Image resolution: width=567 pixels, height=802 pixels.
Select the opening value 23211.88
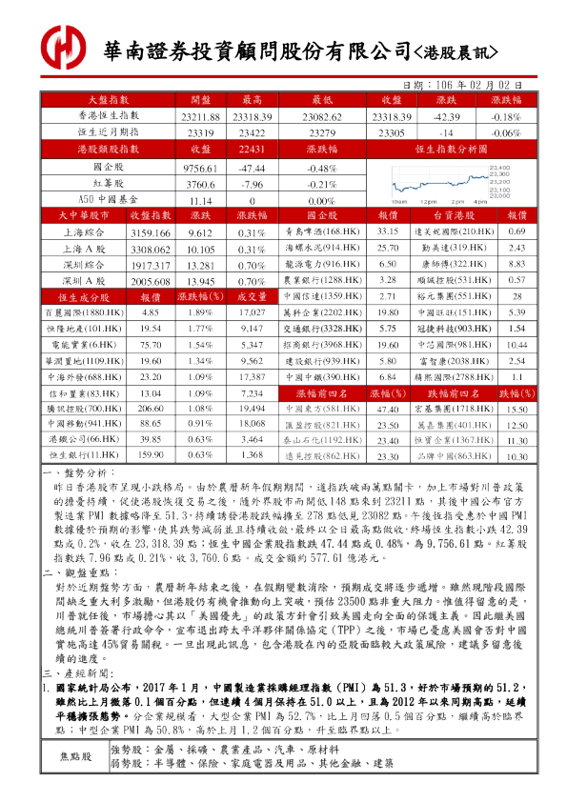200,116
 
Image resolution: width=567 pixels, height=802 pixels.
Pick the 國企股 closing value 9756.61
200,167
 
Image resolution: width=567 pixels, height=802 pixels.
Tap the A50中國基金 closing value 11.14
200,201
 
